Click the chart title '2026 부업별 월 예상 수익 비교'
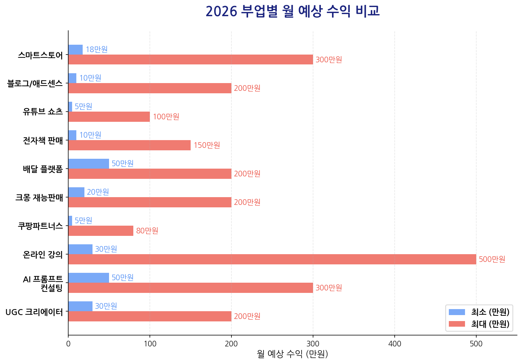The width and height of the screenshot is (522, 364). (x=292, y=11)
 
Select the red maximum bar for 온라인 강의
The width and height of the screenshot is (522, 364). (x=272, y=259)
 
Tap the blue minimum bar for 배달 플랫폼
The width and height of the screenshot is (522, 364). (x=89, y=164)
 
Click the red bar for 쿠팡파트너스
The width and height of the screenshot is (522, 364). (x=101, y=231)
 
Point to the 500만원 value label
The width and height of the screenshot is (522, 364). (x=492, y=259)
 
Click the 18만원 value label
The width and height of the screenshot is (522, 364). (x=96, y=50)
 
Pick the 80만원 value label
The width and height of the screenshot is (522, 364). (x=147, y=231)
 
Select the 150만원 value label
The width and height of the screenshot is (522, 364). (x=206, y=145)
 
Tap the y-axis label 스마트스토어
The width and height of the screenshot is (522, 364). (x=40, y=55)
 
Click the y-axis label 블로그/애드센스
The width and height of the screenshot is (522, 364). (x=35, y=84)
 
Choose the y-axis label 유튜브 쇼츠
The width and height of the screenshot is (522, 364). (x=43, y=112)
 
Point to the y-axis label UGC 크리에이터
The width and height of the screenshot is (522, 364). (x=34, y=312)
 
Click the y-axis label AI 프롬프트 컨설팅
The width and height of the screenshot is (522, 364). (x=43, y=283)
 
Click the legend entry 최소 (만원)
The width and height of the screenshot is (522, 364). (x=490, y=312)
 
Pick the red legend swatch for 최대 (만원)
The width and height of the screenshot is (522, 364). (x=457, y=324)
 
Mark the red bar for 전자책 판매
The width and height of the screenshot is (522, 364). (x=129, y=145)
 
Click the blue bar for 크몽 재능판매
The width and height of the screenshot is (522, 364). (x=76, y=192)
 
